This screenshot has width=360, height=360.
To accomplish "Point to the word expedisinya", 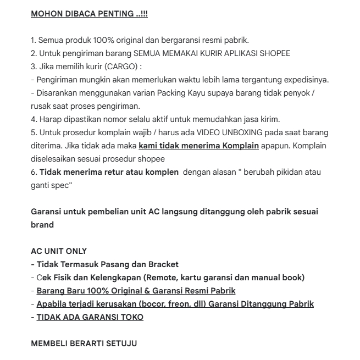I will [x=304, y=80].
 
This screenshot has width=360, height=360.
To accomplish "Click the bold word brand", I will [x=42, y=224].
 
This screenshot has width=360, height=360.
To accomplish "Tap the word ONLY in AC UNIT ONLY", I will [x=75, y=251].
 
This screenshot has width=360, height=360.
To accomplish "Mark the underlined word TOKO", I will [x=131, y=317].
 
